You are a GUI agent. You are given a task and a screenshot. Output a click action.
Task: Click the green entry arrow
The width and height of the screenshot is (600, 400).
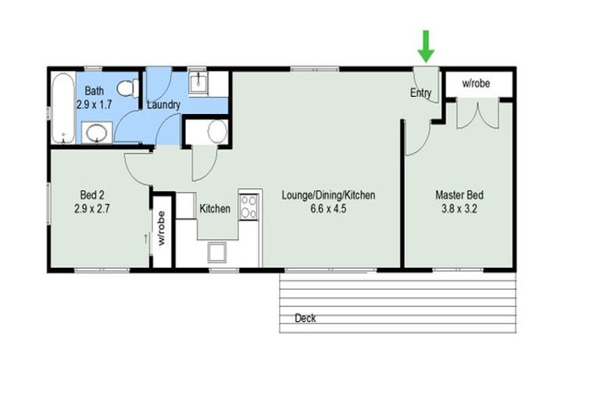[x=426, y=46]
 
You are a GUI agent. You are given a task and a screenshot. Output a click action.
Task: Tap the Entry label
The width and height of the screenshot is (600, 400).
[x=420, y=93]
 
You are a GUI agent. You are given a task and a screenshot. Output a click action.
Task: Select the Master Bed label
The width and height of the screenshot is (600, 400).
[x=459, y=195]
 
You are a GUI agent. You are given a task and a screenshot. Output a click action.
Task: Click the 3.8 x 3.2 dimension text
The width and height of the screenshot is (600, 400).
[x=459, y=209]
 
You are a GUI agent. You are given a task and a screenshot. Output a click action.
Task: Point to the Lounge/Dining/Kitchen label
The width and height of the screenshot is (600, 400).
[x=328, y=195]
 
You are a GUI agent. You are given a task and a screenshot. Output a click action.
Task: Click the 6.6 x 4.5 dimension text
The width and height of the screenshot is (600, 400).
[x=328, y=209]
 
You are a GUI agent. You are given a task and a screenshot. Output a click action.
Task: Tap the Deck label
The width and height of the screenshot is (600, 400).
[x=305, y=318]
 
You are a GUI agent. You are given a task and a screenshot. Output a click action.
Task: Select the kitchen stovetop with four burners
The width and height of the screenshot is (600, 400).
[x=248, y=207]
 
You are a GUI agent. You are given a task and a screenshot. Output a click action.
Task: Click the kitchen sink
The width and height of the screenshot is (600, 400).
[x=217, y=252]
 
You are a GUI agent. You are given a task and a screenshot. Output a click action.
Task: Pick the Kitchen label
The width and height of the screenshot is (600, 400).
[x=215, y=209]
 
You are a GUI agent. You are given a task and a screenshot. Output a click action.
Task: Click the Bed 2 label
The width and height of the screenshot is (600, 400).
[x=92, y=195]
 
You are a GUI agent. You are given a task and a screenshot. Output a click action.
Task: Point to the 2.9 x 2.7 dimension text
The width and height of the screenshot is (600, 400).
[x=92, y=209]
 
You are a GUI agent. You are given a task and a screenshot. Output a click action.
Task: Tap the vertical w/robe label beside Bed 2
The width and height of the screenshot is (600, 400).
[x=162, y=228]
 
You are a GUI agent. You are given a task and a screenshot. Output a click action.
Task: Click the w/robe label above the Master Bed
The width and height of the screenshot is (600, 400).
[x=476, y=83]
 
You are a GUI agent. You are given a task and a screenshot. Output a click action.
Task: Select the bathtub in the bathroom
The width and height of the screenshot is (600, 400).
[x=63, y=108]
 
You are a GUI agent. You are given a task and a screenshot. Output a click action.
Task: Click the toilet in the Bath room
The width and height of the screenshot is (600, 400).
[x=128, y=88]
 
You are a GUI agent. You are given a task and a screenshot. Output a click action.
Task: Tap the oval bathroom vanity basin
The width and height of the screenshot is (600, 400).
[x=96, y=133]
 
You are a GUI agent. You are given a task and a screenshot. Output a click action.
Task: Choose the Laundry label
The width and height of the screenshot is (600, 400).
[x=164, y=105]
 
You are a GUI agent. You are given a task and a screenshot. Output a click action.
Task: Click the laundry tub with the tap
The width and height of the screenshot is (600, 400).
[x=198, y=84]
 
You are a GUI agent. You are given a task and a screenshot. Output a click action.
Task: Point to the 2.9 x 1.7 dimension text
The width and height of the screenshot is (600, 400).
[x=94, y=105]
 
